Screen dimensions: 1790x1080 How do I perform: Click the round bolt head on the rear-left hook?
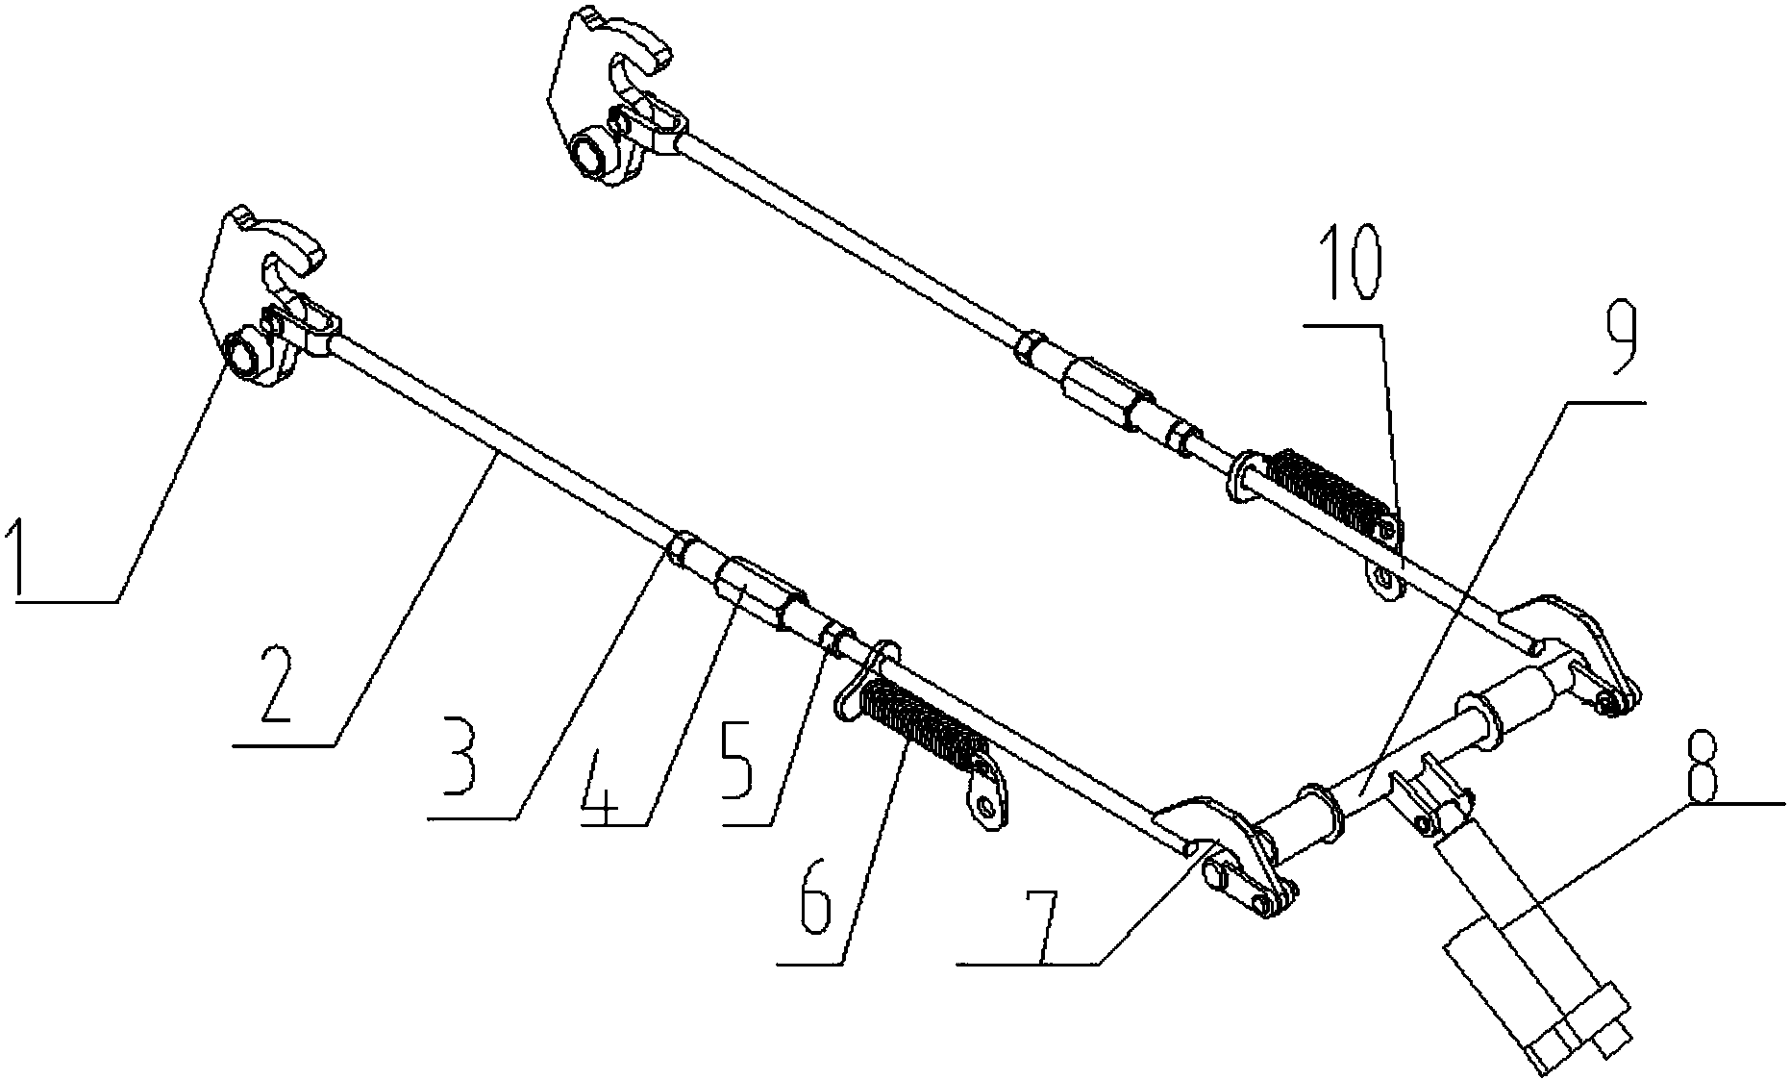[587, 157]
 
